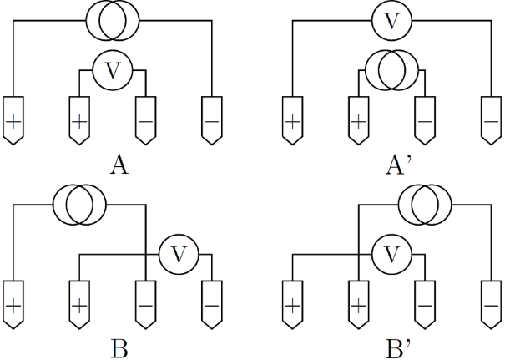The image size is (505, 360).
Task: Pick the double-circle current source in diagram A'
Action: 391,71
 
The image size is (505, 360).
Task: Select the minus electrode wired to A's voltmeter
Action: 145,120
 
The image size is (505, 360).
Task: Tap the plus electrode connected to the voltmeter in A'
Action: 292,120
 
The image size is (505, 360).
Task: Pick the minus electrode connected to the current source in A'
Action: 424,120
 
